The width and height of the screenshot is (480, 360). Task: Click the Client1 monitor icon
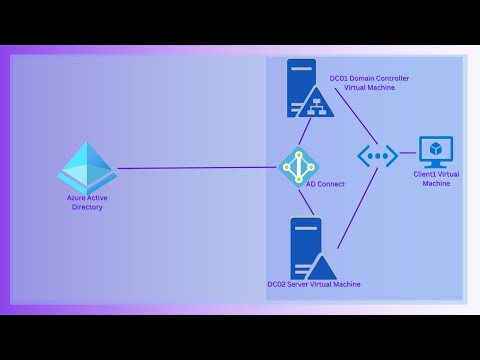[435, 152]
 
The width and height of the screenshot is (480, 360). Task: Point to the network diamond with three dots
[378, 156]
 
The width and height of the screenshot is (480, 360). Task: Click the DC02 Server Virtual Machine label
[313, 284]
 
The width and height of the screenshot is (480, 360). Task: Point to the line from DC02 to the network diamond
[355, 205]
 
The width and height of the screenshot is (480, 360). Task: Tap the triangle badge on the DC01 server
[317, 101]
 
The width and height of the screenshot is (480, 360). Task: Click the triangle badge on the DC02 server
[319, 265]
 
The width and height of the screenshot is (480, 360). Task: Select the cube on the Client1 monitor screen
[435, 149]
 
